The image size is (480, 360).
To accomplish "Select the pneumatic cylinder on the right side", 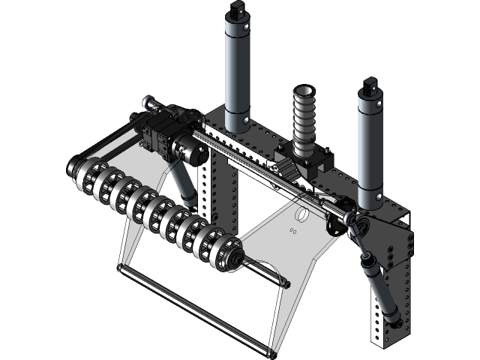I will [x=370, y=146].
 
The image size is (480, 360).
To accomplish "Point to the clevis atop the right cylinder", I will [x=369, y=85].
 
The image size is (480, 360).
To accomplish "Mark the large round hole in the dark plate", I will [x=302, y=215].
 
